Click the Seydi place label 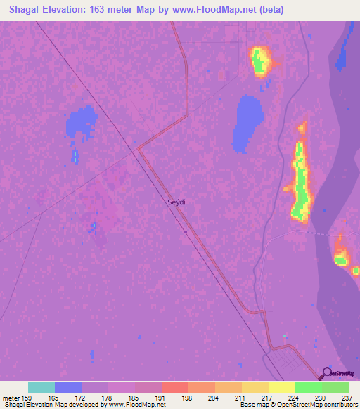[x=176, y=202]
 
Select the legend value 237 [x=349, y=398]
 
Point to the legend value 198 [x=188, y=398]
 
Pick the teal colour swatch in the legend [x=41, y=387]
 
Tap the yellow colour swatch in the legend [x=282, y=387]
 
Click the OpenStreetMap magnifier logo [x=327, y=373]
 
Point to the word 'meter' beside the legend [x=11, y=398]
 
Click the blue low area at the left [x=81, y=124]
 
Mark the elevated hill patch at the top [x=260, y=60]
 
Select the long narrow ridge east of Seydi [x=302, y=179]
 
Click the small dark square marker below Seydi [x=185, y=231]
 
